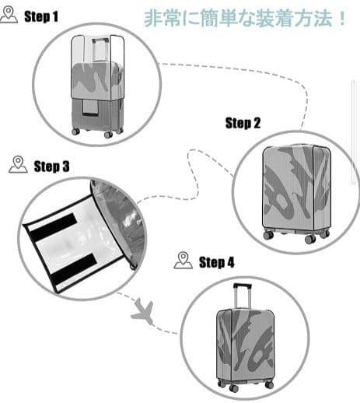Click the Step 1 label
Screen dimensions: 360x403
tap(41, 17)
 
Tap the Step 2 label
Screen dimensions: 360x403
tap(243, 123)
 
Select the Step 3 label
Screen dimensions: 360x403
tap(51, 166)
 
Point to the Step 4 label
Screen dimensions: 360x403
tap(216, 262)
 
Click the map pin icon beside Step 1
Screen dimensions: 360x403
tap(9, 15)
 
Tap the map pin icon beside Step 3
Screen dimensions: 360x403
tap(18, 164)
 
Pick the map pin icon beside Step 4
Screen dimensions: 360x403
tap(183, 260)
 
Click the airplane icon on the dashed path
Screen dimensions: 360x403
tap(142, 311)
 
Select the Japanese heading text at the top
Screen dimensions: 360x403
tap(245, 18)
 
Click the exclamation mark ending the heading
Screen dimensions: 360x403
tap(342, 18)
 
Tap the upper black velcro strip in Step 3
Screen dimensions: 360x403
tap(53, 226)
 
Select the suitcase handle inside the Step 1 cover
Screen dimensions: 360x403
tap(100, 50)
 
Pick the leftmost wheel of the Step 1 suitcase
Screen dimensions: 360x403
tap(75, 131)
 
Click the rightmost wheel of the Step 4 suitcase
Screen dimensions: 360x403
tap(270, 384)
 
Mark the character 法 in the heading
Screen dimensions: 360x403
tap(323, 18)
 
